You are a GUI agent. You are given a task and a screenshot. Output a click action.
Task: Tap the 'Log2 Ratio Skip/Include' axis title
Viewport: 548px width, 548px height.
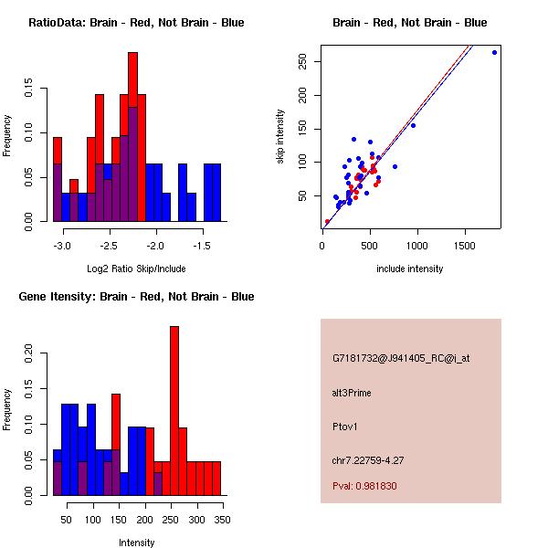136,269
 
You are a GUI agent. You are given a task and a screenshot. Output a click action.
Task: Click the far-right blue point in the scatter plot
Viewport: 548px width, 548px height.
494,52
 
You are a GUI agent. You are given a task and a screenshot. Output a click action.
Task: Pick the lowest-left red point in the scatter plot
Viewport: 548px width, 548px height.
327,221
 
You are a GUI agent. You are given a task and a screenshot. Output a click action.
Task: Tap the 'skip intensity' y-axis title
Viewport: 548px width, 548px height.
280,137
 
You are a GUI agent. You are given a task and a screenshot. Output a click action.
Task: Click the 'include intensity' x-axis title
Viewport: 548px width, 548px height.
410,269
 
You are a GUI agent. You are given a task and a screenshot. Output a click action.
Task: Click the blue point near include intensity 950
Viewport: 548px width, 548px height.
413,125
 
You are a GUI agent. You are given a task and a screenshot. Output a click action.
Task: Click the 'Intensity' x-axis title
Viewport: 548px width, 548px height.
136,543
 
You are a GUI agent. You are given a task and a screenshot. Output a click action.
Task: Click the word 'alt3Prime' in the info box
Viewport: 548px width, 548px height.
352,393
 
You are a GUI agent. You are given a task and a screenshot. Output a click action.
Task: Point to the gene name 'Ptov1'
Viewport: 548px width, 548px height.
344,426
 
